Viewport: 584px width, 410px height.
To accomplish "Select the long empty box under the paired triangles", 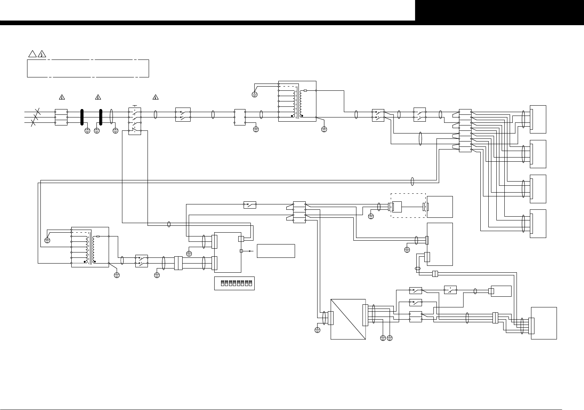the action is [x=88, y=68].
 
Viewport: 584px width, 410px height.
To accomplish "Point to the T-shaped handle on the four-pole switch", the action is [x=135, y=105].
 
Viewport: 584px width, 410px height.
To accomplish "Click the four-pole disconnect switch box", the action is [x=135, y=121].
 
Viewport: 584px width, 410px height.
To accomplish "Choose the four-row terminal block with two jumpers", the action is [x=299, y=212].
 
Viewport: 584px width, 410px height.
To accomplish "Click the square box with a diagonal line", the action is [x=348, y=319].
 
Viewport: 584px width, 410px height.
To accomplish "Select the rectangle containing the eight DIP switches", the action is [x=234, y=283].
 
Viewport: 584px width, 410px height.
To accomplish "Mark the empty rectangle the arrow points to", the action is [x=276, y=251].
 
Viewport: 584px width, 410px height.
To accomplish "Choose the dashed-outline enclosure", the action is [x=408, y=206].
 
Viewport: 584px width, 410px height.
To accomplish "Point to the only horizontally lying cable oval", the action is [x=417, y=269].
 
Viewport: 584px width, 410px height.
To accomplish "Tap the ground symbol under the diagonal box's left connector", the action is [x=318, y=330].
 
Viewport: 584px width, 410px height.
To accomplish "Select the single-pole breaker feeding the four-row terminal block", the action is [x=250, y=205].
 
